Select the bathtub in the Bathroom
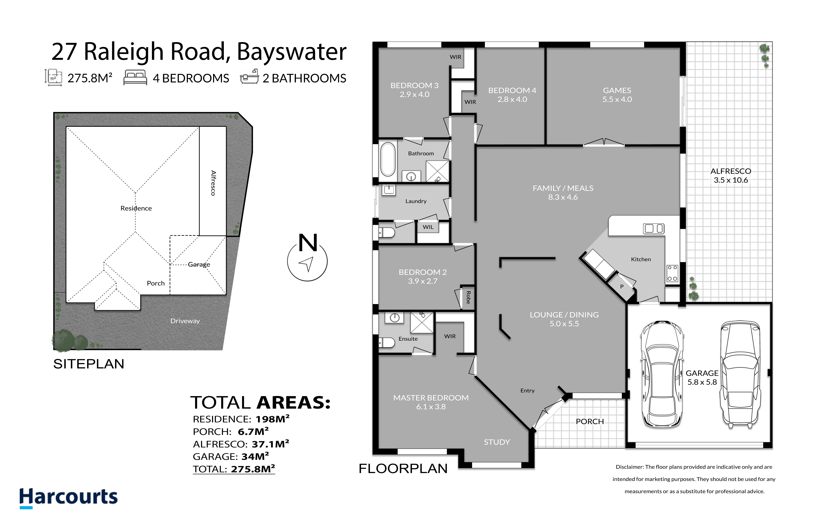[388, 160]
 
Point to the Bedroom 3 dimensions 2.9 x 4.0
[414, 94]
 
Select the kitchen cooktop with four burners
[672, 273]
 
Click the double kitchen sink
[653, 228]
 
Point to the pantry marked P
[622, 286]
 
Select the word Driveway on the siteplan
[185, 321]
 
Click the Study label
[497, 442]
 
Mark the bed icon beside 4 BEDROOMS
[135, 77]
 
